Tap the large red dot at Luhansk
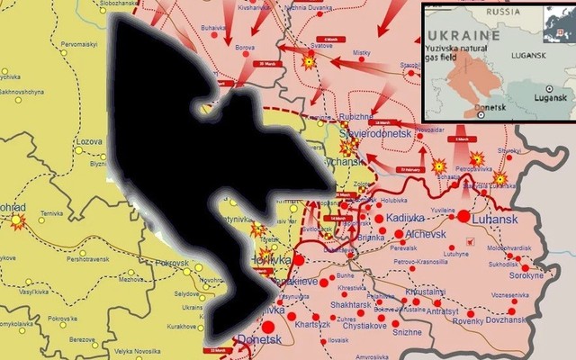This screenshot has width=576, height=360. [463, 217]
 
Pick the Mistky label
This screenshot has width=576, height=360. [362, 54]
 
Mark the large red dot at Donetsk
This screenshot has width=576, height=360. [267, 327]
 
